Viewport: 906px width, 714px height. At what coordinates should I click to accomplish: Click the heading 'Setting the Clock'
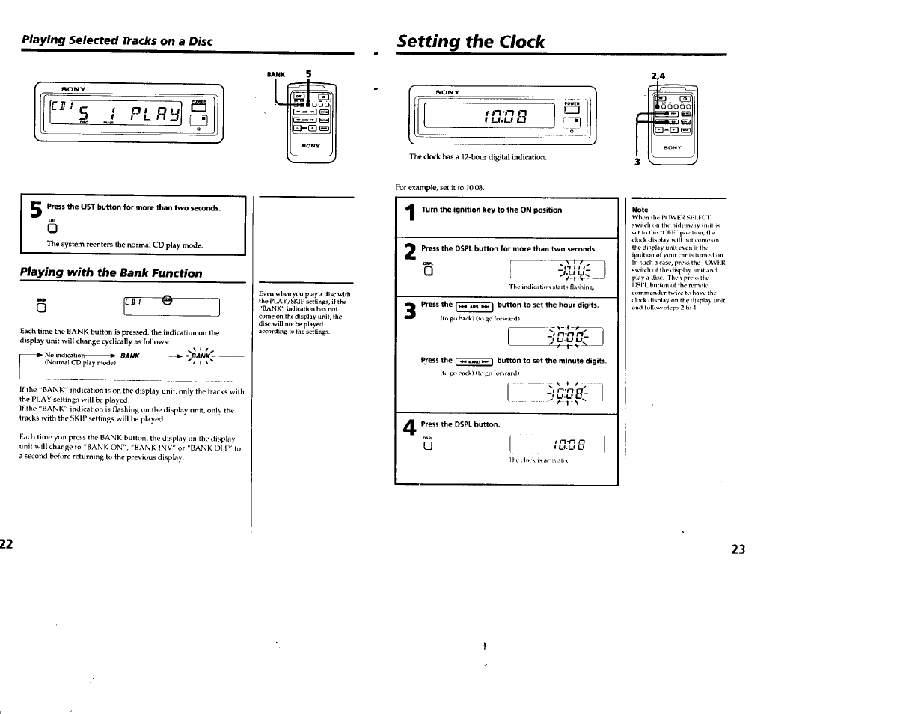click(x=471, y=41)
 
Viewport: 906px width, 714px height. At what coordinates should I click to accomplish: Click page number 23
click(x=738, y=549)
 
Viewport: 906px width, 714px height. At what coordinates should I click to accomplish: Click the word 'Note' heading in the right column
click(x=640, y=210)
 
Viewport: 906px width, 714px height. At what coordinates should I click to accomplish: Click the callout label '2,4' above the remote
click(x=658, y=76)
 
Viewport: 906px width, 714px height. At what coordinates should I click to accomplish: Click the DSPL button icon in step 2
click(x=428, y=272)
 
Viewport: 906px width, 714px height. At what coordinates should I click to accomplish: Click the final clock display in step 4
click(x=560, y=447)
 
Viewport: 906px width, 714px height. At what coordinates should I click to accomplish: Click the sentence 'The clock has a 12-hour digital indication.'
click(x=477, y=157)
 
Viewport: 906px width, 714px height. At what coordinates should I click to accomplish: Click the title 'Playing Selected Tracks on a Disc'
click(x=117, y=40)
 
